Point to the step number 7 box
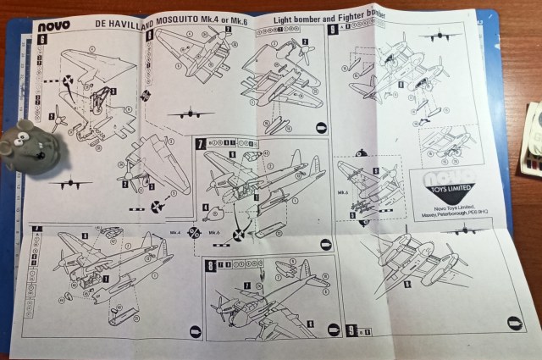pyautogui.click(x=201, y=144)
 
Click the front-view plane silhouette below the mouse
pyautogui.click(x=70, y=182)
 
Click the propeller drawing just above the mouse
pyautogui.click(x=58, y=119)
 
